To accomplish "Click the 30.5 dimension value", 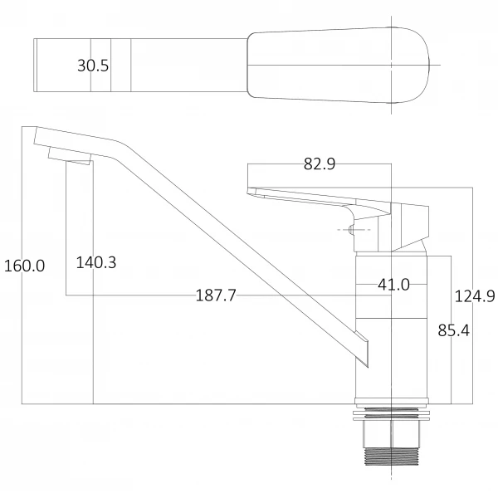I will (x=93, y=66).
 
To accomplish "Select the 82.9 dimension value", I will (x=319, y=164).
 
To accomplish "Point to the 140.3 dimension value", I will (x=95, y=262).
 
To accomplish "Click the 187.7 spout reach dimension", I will (x=216, y=295).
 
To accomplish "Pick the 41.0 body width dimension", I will (x=393, y=285).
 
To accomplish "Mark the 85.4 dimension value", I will (x=453, y=330).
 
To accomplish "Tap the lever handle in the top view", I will (x=340, y=66).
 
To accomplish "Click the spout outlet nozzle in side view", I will (x=70, y=154).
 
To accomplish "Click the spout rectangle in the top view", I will (x=83, y=66).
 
